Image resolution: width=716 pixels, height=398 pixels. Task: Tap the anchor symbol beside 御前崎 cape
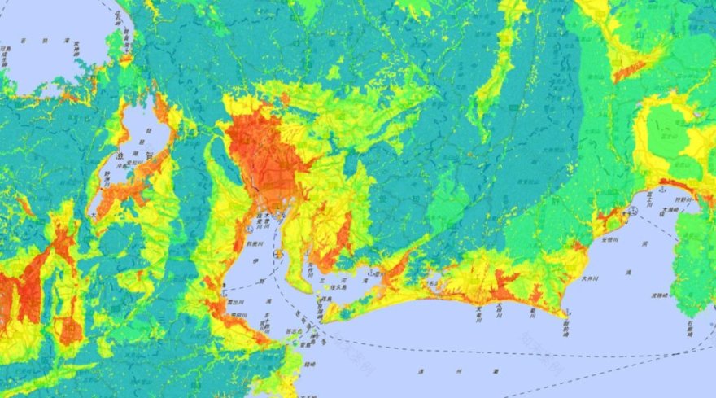click(564, 313)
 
